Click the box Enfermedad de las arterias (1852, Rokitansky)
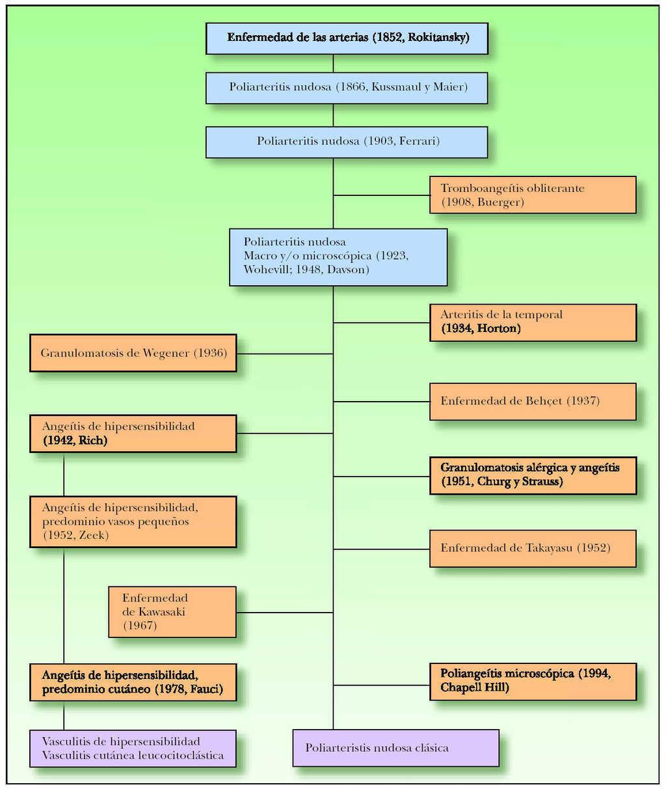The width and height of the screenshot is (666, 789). [347, 38]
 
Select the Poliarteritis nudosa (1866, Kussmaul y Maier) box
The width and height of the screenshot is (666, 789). [347, 88]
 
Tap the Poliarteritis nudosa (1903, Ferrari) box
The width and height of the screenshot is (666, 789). [347, 142]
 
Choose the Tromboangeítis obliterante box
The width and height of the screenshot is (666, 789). [533, 195]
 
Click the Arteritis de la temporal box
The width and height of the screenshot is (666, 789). [533, 322]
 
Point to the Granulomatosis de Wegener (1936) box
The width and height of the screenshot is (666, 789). [133, 353]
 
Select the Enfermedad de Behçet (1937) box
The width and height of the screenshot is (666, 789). [533, 401]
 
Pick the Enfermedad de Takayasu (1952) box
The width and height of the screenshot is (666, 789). [533, 548]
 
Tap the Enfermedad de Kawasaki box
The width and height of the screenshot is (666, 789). [172, 612]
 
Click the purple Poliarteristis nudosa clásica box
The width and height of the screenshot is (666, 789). [395, 748]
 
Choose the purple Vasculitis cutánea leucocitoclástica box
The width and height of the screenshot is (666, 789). [133, 749]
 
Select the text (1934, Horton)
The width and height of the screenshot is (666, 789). [481, 329]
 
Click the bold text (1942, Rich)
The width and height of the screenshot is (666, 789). [75, 441]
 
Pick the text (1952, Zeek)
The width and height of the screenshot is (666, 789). [75, 535]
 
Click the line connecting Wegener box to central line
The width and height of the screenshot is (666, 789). [285, 354]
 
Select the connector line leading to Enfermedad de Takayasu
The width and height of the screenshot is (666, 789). [381, 549]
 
